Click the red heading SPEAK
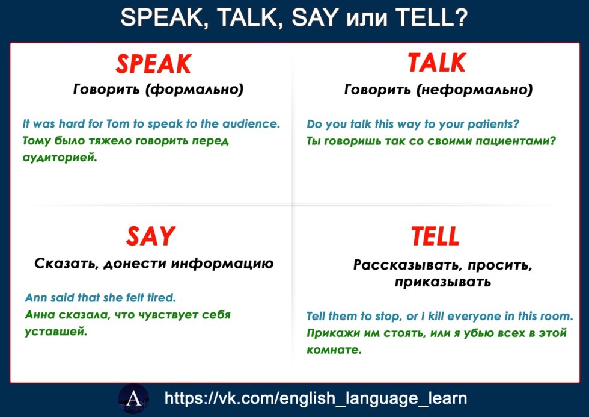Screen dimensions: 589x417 (154, 64)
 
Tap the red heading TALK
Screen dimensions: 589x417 (437, 63)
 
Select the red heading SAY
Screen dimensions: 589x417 (151, 236)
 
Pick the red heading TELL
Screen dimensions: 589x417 (435, 236)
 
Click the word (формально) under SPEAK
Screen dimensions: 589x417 (195, 90)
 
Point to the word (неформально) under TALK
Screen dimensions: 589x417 (474, 90)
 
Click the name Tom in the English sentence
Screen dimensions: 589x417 (118, 123)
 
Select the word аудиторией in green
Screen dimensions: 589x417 (60, 158)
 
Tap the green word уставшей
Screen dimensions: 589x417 (56, 332)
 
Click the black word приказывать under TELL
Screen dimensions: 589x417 (443, 282)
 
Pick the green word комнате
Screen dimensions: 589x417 (334, 350)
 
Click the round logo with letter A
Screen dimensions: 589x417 (133, 398)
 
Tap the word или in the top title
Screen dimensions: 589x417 (366, 18)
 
